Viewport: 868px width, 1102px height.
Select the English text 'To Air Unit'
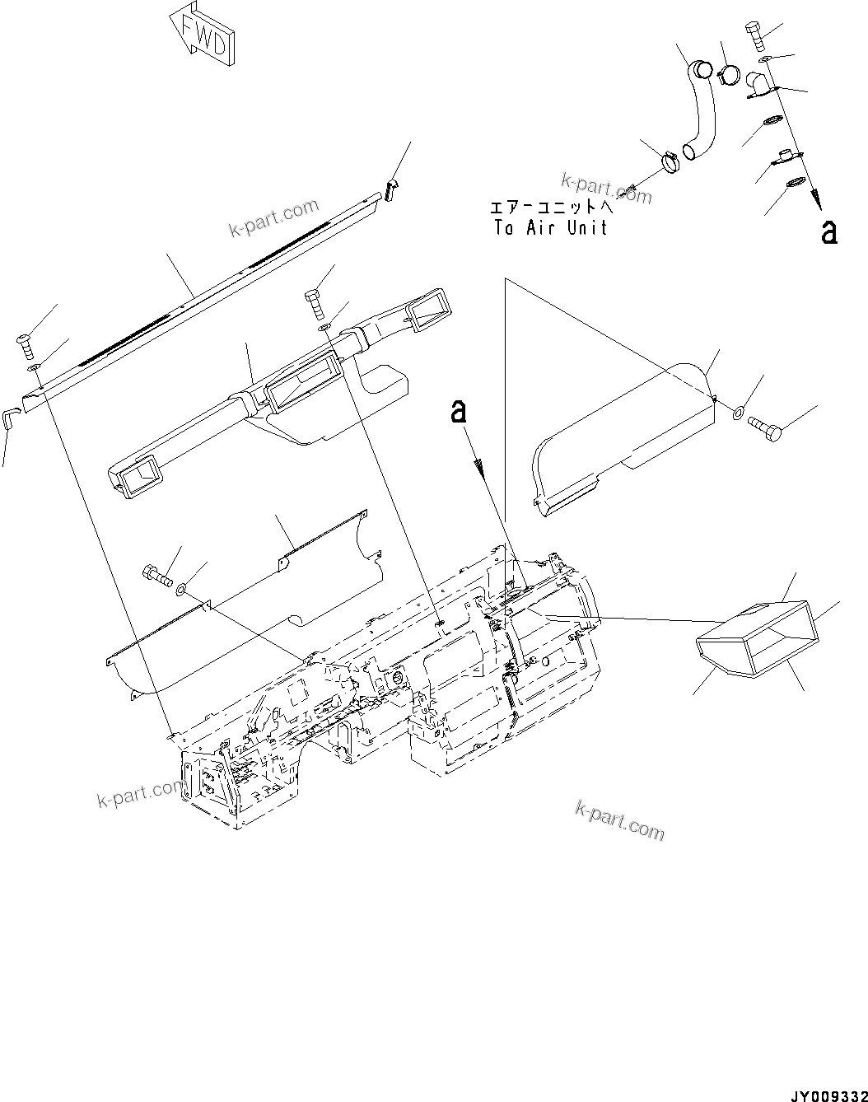[550, 228]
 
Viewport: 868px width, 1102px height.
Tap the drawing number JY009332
[826, 1092]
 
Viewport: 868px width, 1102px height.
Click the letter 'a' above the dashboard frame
[460, 412]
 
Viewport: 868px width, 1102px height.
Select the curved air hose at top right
[701, 107]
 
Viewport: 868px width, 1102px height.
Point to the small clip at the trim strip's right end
[392, 189]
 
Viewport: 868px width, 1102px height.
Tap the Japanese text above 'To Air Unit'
[550, 208]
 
